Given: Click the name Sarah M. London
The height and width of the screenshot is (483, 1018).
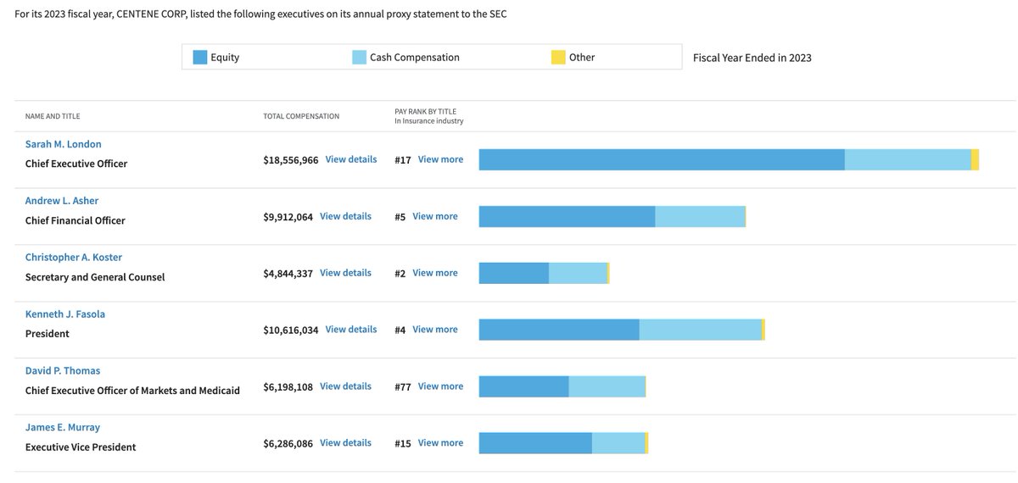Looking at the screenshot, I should (63, 144).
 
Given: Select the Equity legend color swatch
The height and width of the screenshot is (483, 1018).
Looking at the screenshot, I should (200, 58).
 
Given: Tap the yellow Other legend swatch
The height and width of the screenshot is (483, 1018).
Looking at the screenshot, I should (558, 58).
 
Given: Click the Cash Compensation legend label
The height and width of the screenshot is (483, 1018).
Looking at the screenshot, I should (414, 58).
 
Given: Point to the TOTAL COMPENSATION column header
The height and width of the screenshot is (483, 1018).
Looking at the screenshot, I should (301, 116).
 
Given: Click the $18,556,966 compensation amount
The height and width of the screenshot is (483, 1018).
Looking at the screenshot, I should (291, 159).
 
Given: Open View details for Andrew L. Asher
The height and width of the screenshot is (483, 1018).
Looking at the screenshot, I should (345, 216).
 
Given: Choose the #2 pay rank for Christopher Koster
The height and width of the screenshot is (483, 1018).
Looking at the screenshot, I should (400, 273).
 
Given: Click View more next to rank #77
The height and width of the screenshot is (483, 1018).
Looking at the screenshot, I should (440, 386).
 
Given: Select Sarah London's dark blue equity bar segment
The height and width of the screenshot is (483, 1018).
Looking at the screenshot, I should (662, 159).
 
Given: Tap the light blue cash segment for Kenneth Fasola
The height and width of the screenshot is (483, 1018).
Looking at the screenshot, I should (700, 330).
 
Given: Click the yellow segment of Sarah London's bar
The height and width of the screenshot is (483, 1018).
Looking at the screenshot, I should (975, 159).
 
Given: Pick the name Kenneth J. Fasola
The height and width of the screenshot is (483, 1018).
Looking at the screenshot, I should (65, 314).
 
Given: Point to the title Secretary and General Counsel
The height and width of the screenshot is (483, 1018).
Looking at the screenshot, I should (95, 277).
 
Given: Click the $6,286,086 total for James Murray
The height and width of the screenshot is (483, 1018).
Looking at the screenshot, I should (288, 443).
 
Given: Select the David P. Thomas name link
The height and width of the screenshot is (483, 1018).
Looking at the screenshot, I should (63, 371).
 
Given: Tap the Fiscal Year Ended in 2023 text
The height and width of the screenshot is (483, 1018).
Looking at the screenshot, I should (752, 58).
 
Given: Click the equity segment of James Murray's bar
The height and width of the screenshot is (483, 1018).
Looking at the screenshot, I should (535, 443).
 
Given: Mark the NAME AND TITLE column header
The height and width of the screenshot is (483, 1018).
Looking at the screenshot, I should (53, 116).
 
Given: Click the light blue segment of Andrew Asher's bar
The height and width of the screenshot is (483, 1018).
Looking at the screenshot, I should (700, 216).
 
